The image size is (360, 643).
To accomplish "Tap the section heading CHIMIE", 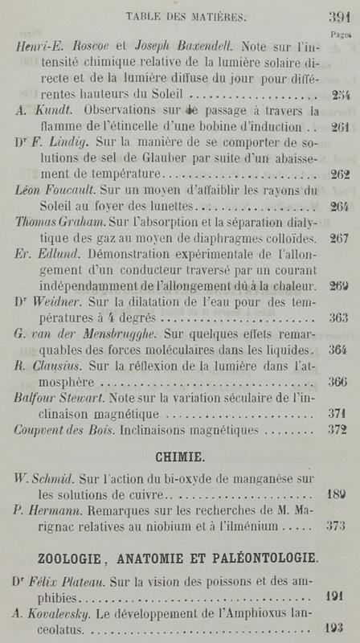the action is click(x=180, y=457).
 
